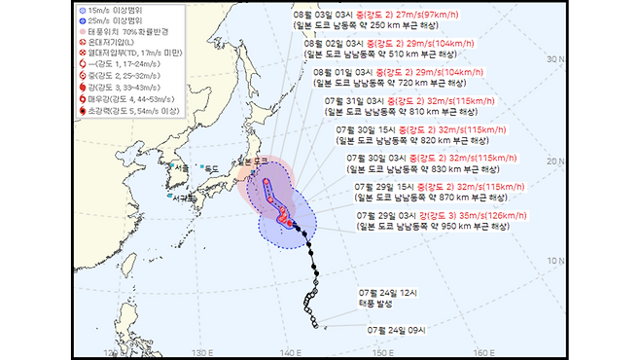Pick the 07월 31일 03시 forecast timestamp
coord(357,100)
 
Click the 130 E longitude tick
coord(201,350)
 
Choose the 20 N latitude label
coord(556,162)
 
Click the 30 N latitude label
coord(556,58)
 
